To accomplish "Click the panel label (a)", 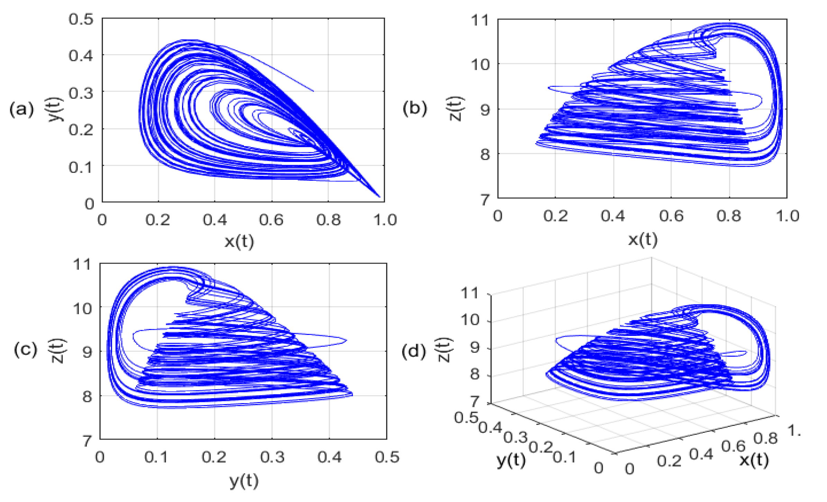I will tap(21, 110).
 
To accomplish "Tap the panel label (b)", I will tap(415, 108).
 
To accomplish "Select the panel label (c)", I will tap(25, 349).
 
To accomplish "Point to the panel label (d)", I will tap(413, 352).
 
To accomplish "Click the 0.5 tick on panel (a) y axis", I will tap(81, 19).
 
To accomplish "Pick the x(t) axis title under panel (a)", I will tap(239, 241).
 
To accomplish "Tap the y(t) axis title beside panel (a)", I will tap(55, 109).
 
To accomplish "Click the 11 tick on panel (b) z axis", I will tap(481, 20).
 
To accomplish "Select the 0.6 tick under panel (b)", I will tap(671, 216).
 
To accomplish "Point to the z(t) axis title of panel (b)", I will tap(456, 109).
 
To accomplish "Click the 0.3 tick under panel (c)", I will tap(272, 457).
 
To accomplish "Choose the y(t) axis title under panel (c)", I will tap(244, 481).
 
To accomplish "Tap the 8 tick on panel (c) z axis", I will tap(87, 396).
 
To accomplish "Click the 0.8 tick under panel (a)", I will tap(328, 220).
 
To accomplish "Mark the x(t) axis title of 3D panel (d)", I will tap(754, 460).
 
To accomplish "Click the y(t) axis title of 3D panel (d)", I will tap(511, 460).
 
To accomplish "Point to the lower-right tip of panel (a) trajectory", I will tap(380, 197).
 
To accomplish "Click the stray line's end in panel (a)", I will tap(313, 91).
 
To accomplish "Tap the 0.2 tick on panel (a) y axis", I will tap(81, 130).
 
